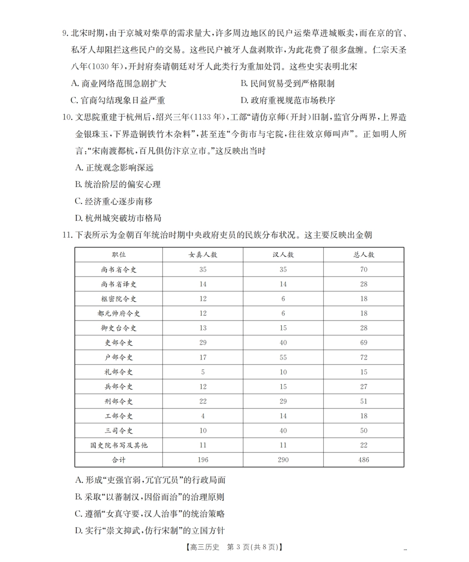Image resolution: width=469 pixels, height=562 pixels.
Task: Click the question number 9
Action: point(65,34)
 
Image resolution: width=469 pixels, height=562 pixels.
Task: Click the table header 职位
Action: point(118,255)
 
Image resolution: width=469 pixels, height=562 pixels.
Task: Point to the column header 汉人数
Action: point(283,255)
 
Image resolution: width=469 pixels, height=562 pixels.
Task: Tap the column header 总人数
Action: point(364,255)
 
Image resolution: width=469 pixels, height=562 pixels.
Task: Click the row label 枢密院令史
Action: point(118,299)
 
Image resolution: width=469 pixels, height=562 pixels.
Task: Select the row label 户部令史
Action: point(118,358)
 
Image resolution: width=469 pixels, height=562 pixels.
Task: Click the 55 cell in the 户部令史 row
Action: point(283,358)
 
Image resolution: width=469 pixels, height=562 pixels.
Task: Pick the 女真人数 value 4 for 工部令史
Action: point(203,416)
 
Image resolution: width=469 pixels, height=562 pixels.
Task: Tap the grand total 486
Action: point(364,460)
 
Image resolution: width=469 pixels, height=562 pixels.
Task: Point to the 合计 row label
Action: point(118,460)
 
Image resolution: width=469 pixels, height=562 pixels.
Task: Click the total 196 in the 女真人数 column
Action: point(203,460)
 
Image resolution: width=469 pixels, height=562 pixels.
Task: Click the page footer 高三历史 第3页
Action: point(234,547)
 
